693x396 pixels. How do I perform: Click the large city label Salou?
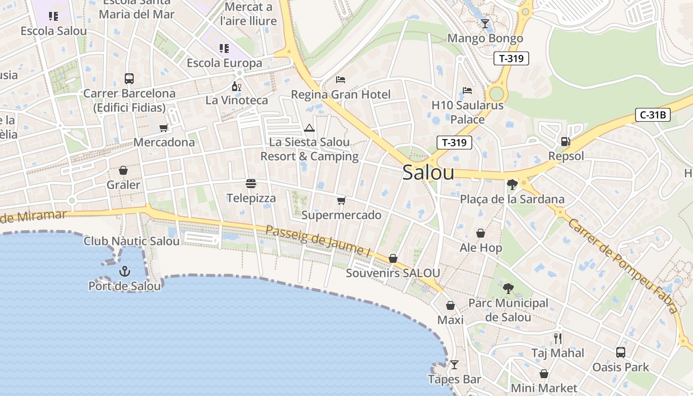428,172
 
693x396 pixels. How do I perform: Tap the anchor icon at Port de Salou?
125,271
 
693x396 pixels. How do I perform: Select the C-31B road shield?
653,115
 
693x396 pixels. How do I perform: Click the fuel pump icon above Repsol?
565,142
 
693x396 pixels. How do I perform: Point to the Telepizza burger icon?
251,184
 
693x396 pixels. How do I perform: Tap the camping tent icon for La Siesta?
309,128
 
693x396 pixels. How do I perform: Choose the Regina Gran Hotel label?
341,95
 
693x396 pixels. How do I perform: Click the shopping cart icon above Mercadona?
164,128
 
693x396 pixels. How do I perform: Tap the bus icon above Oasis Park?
621,352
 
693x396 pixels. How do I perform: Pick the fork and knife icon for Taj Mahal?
558,339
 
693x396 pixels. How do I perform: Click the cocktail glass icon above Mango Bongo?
485,24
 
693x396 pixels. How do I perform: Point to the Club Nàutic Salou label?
132,242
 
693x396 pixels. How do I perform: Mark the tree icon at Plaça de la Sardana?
512,185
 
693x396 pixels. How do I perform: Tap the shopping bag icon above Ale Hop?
481,233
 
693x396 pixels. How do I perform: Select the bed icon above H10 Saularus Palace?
467,91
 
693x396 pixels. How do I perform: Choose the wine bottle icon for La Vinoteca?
237,86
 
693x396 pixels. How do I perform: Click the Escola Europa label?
224,63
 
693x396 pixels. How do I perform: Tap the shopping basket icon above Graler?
123,170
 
